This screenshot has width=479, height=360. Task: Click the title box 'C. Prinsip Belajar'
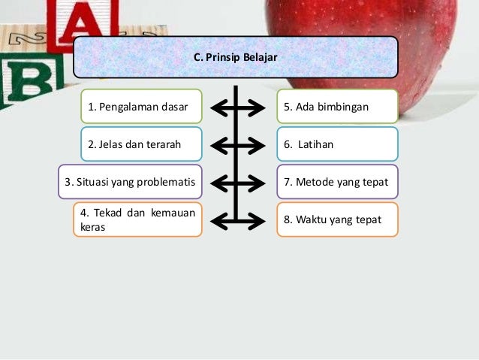[x=235, y=57]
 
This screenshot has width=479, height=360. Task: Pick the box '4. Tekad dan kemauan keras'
[x=137, y=219]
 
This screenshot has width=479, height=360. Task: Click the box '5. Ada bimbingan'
[x=337, y=107]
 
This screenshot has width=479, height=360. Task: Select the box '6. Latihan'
[x=337, y=144]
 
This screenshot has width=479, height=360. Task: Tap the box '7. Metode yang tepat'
[x=337, y=181]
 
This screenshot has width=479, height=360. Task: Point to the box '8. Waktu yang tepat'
[x=337, y=219]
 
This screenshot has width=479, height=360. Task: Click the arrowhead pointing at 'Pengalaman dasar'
[x=215, y=108]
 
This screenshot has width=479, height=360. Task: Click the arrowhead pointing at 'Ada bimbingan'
[x=258, y=108]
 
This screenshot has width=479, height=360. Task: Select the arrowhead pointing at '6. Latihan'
[x=258, y=145]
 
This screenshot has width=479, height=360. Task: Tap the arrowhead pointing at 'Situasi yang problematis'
[x=215, y=183]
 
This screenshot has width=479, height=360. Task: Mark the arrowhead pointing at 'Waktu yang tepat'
[x=258, y=220]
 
